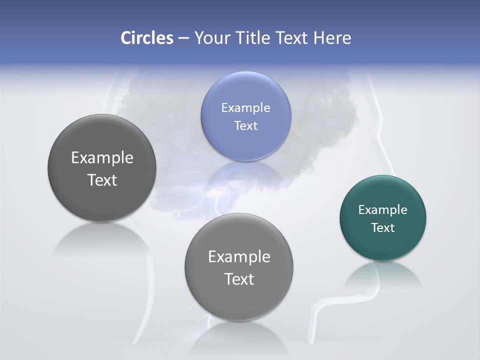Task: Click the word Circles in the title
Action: [146, 38]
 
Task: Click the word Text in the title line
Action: [292, 38]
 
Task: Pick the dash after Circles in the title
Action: [183, 38]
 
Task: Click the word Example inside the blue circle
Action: [245, 107]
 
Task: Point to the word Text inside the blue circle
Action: [245, 125]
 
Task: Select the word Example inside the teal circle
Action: [382, 209]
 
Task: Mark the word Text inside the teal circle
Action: [382, 227]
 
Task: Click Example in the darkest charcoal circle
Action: [102, 157]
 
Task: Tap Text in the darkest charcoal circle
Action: [102, 180]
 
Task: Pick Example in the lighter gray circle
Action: [239, 256]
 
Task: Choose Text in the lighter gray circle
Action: [239, 279]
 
